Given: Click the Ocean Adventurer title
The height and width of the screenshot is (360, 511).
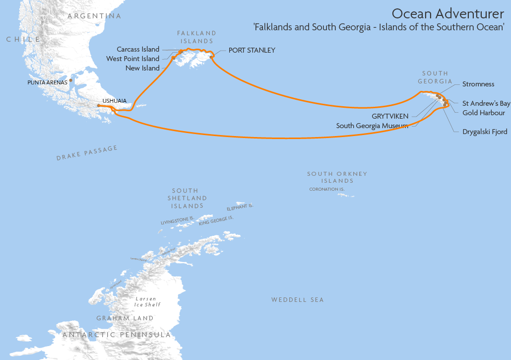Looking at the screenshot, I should pyautogui.click(x=448, y=13).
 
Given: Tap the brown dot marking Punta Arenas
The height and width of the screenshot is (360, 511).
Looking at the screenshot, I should pyautogui.click(x=71, y=80).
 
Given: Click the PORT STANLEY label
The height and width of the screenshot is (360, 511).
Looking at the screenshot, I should pyautogui.click(x=252, y=50).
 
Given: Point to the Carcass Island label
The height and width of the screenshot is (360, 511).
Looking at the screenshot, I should pyautogui.click(x=138, y=49).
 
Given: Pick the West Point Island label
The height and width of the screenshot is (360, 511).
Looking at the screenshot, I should pyautogui.click(x=132, y=59).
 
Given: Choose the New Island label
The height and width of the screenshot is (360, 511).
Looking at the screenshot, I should pyautogui.click(x=142, y=68).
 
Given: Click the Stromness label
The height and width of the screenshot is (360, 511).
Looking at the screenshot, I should pyautogui.click(x=478, y=84).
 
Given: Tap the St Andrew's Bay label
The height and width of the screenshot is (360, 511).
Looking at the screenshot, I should pyautogui.click(x=486, y=103).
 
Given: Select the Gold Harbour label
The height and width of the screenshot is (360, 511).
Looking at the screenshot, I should pyautogui.click(x=484, y=113).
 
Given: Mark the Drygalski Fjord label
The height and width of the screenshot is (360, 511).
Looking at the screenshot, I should pyautogui.click(x=485, y=132).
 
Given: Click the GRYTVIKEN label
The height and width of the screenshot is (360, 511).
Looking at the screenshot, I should pyautogui.click(x=390, y=116).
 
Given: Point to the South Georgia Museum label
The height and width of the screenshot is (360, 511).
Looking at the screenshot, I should pyautogui.click(x=372, y=126).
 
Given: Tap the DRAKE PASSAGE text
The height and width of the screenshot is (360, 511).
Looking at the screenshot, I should pyautogui.click(x=87, y=153).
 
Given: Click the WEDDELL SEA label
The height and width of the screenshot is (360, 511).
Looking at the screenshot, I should pyautogui.click(x=297, y=300).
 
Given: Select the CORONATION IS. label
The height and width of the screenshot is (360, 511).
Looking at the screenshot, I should pyautogui.click(x=326, y=189).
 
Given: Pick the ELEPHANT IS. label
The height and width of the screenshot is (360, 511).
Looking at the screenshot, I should pyautogui.click(x=240, y=207).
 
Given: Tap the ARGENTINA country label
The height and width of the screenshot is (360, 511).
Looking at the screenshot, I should pyautogui.click(x=94, y=16).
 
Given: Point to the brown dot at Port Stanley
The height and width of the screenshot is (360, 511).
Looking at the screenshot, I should pyautogui.click(x=212, y=57).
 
